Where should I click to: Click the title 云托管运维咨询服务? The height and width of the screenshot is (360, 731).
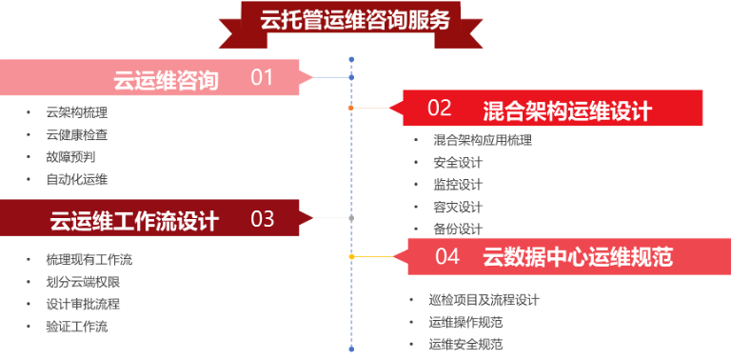point(354,21)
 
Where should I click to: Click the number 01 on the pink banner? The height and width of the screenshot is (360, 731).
point(262,78)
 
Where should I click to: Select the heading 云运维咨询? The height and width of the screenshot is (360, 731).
point(166,80)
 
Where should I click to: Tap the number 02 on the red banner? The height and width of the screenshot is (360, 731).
point(439,108)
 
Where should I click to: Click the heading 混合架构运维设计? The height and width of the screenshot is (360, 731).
point(566,110)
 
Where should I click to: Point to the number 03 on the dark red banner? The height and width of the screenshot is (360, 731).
point(263,219)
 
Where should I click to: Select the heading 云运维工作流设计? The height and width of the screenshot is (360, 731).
point(134,221)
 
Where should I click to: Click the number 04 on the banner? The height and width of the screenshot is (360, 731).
point(447,256)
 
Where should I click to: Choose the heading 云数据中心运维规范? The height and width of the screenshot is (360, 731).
point(578,257)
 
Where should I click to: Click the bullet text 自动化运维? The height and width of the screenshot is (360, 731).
point(76,179)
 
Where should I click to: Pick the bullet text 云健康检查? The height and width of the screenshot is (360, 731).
point(76,134)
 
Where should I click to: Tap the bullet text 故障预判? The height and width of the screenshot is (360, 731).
point(70,156)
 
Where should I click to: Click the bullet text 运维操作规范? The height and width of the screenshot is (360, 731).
point(465,322)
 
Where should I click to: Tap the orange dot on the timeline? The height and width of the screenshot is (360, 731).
point(351,108)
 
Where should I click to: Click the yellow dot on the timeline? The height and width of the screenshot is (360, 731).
point(351,256)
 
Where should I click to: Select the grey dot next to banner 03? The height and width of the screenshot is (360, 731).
point(351,218)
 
